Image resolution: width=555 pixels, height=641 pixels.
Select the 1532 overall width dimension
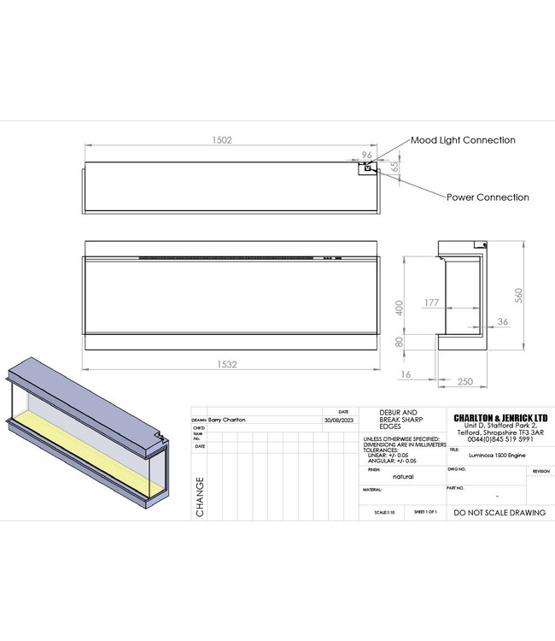(x=227, y=364)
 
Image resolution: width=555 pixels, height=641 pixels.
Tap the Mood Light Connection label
(x=463, y=139)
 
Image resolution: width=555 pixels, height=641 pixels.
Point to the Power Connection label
(x=488, y=197)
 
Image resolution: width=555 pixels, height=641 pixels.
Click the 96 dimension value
(x=368, y=155)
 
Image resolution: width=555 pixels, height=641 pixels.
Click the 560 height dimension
(x=517, y=294)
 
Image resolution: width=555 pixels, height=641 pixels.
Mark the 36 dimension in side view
(x=503, y=321)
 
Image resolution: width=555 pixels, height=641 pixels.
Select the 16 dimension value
(x=405, y=373)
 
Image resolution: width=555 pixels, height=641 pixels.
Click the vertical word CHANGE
(x=201, y=497)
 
